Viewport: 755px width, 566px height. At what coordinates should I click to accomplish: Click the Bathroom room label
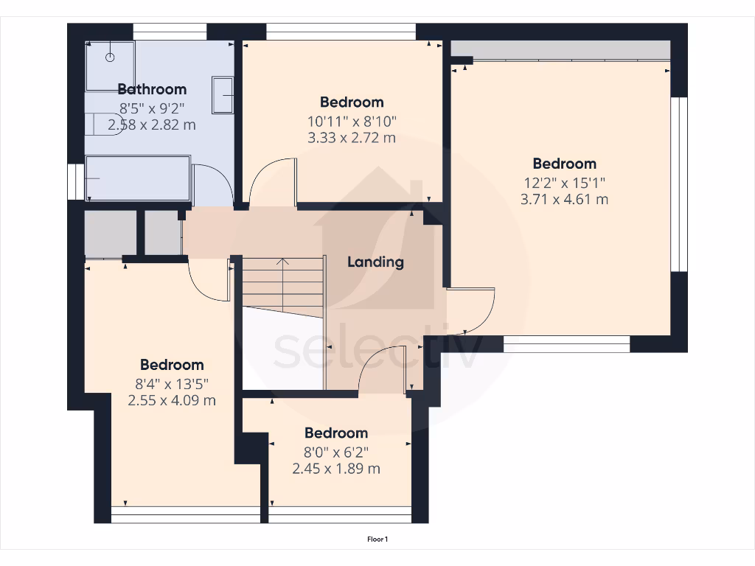[x=152, y=89]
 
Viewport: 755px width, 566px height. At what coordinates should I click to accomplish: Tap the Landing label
[x=375, y=262]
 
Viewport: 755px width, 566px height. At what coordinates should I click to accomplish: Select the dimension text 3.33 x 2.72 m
[x=352, y=138]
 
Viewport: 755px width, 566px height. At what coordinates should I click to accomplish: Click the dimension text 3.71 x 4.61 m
[x=564, y=199]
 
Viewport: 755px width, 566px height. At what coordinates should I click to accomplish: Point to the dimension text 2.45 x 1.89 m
[x=336, y=469]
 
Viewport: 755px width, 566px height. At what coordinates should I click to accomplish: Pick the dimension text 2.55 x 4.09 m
[x=172, y=400]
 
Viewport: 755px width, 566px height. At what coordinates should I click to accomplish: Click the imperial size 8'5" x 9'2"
[x=153, y=108]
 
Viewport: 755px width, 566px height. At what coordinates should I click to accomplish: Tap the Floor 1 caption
[x=377, y=539]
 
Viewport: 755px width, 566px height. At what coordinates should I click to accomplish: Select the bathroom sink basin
[x=223, y=95]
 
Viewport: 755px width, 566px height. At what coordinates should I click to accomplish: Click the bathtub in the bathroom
[x=138, y=178]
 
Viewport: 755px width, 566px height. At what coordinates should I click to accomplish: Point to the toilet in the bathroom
[x=95, y=123]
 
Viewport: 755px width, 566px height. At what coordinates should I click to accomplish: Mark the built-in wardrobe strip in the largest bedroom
[x=560, y=51]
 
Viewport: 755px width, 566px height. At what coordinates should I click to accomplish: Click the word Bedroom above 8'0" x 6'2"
[x=336, y=433]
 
